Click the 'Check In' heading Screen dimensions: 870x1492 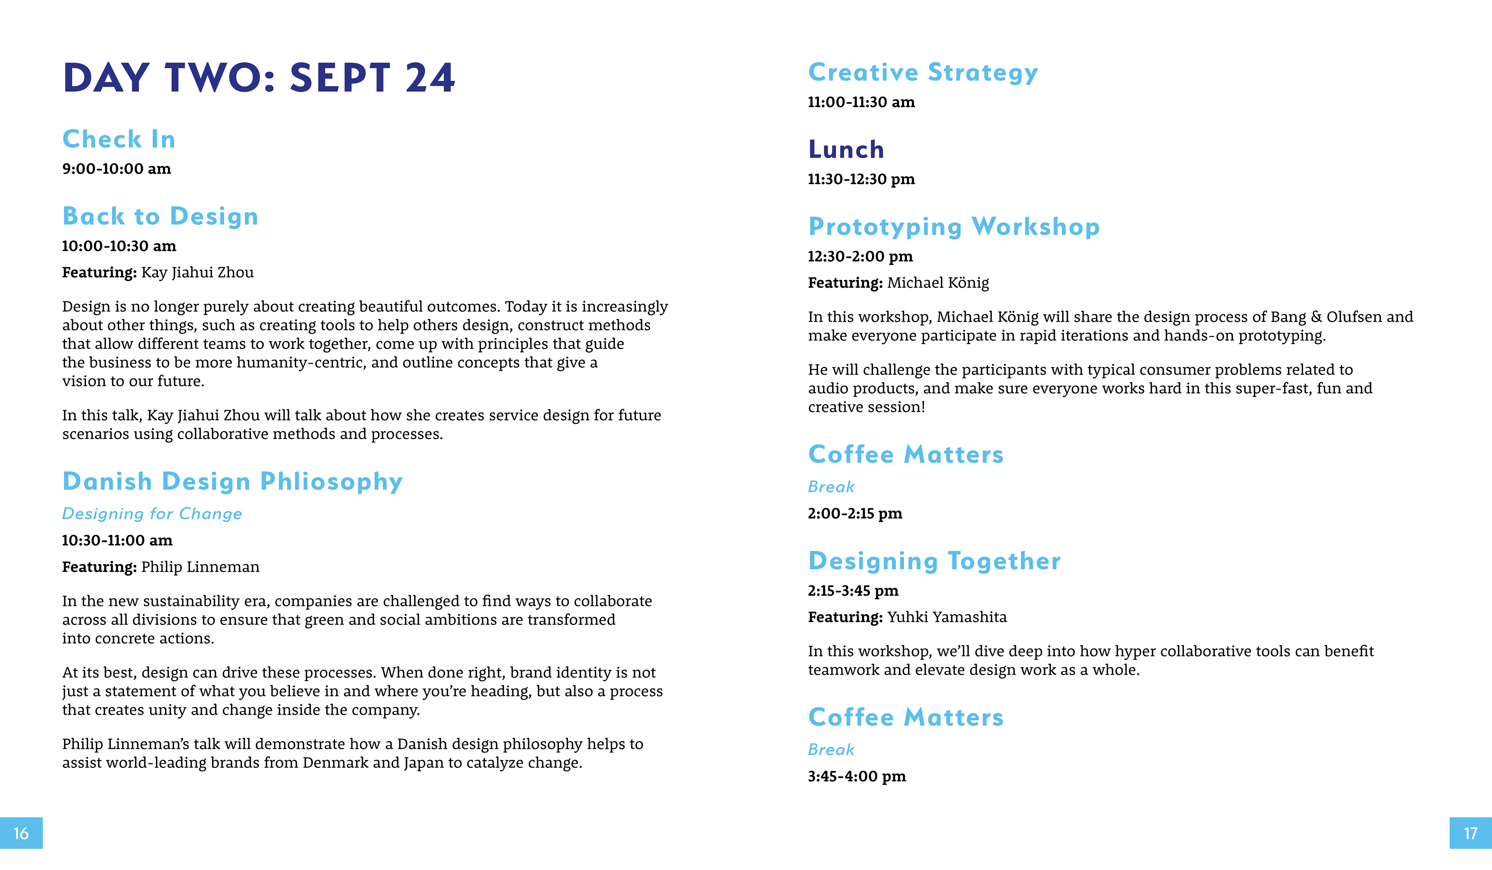tap(119, 139)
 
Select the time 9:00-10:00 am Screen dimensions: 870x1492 tap(117, 169)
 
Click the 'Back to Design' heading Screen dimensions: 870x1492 tap(160, 216)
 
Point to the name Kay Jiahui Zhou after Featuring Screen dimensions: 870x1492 tap(197, 272)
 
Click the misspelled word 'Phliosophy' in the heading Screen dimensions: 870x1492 tap(331, 481)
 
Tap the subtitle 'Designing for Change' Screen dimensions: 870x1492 tap(152, 514)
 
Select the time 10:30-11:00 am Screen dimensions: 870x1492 tap(117, 540)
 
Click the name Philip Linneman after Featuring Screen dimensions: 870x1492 tap(200, 567)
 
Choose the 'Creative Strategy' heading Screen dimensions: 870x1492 tap(923, 72)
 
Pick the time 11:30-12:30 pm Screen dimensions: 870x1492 tap(861, 179)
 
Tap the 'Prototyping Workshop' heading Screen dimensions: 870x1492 tap(954, 227)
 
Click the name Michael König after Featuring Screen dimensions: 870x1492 tap(938, 283)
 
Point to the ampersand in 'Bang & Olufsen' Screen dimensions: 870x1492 tap(1316, 317)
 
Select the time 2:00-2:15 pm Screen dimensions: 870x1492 tap(855, 514)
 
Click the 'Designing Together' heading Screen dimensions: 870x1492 tap(934, 561)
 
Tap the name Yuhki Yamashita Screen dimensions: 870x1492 tap(947, 617)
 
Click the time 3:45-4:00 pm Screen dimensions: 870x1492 tap(857, 776)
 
